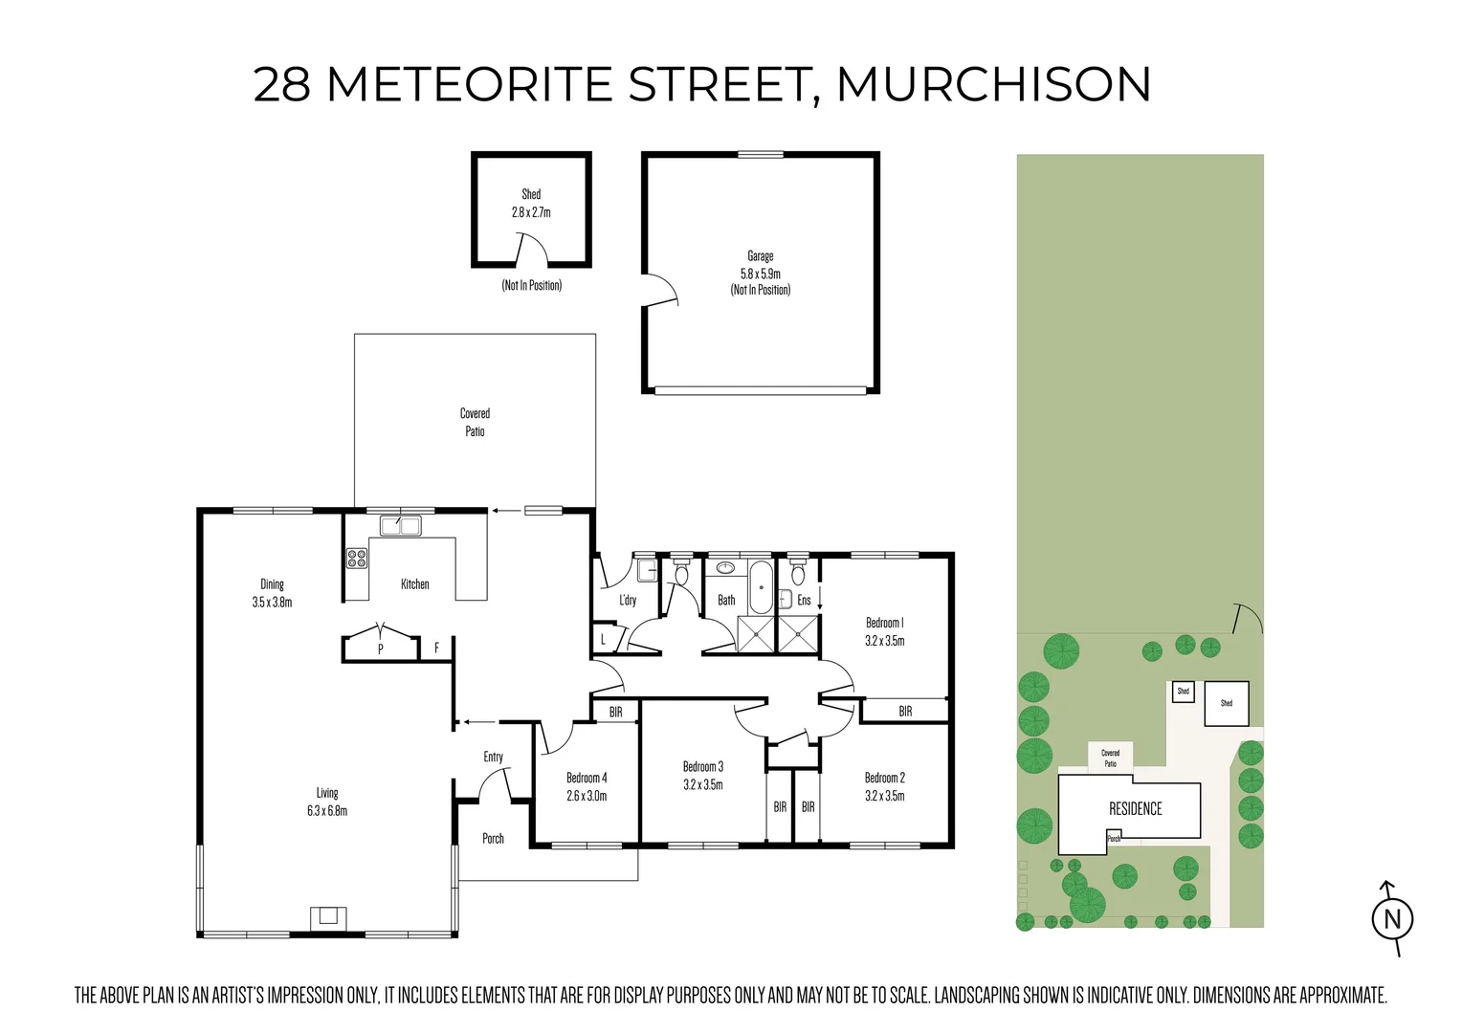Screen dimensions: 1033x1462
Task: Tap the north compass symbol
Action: pos(1392,919)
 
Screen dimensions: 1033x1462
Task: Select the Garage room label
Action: pos(761,256)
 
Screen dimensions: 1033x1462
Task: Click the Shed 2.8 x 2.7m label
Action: pos(531,203)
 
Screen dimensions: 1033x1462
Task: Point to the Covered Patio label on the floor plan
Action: pos(475,422)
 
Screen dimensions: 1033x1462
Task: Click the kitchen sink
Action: pos(401,525)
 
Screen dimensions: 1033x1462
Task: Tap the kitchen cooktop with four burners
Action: pos(357,557)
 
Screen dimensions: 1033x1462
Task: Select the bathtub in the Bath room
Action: pos(761,587)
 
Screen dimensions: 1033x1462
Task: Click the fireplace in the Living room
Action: pos(328,917)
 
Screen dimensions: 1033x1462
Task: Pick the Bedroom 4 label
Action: pos(587,778)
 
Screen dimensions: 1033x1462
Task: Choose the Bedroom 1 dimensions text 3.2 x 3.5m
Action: pos(884,641)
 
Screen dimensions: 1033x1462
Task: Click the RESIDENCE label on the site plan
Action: pos(1135,809)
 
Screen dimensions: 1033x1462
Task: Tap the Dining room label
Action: pos(272,584)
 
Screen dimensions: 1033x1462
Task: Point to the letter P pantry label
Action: pos(380,648)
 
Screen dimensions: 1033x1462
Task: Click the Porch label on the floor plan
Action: pos(493,839)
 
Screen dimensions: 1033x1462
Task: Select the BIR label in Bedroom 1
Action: pos(905,712)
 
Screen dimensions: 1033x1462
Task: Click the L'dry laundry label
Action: pos(627,601)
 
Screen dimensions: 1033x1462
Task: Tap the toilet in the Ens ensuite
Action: pos(798,575)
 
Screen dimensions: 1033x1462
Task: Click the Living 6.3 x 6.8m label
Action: pos(327,802)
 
